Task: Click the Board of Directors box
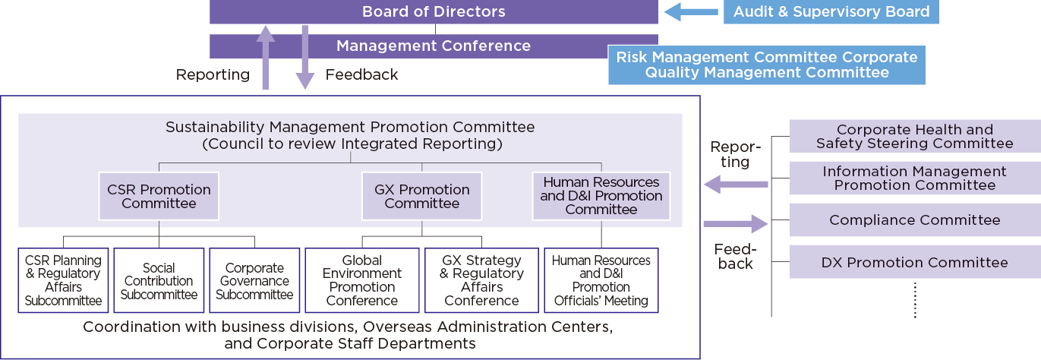(434, 12)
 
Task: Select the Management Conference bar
(434, 46)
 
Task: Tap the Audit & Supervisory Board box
(831, 12)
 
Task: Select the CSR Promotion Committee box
(159, 196)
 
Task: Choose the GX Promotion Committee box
(422, 196)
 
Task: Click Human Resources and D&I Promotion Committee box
(601, 196)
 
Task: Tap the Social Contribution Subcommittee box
(159, 281)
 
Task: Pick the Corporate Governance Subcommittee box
(254, 281)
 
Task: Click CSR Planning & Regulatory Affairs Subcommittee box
(63, 281)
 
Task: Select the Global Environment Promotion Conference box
(362, 281)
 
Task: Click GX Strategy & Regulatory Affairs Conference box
(481, 281)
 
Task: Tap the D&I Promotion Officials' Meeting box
(601, 281)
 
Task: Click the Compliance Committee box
(914, 220)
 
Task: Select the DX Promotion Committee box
(914, 263)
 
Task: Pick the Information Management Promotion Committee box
(914, 178)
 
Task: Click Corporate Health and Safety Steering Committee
(914, 137)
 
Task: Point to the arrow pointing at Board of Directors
(690, 12)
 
